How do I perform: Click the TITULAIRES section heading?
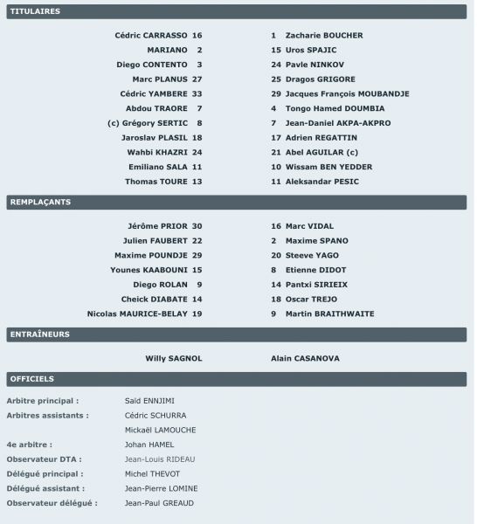pyautogui.click(x=34, y=12)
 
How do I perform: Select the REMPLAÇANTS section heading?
pyautogui.click(x=39, y=203)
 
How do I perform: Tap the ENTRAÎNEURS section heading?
pyautogui.click(x=39, y=334)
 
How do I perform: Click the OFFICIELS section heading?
pyautogui.click(x=31, y=379)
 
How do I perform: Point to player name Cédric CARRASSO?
pyautogui.click(x=150, y=36)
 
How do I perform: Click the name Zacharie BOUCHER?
pyautogui.click(x=312, y=36)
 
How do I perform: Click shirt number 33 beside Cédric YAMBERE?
pyautogui.click(x=197, y=93)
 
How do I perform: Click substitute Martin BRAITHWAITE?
pyautogui.click(x=329, y=314)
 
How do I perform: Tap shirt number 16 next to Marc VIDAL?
pyautogui.click(x=275, y=226)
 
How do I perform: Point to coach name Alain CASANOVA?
pyautogui.click(x=305, y=358)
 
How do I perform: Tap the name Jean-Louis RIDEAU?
pyautogui.click(x=159, y=459)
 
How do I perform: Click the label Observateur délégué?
pyautogui.click(x=52, y=504)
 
